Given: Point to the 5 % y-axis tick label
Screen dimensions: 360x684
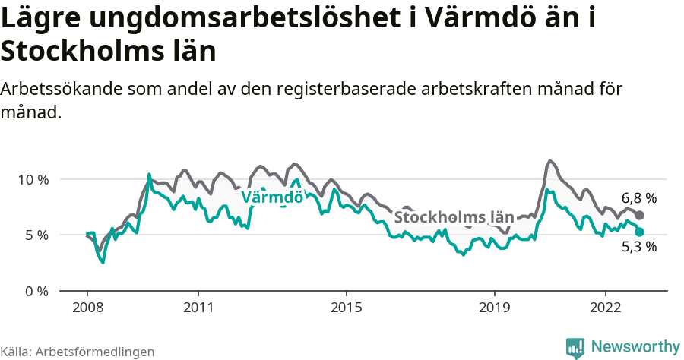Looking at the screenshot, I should (x=36, y=235).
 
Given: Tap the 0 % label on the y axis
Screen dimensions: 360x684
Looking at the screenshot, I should (x=36, y=291).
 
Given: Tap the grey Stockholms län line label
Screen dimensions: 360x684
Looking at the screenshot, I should (x=454, y=217).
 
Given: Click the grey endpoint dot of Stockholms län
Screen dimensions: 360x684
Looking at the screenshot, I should (x=639, y=216).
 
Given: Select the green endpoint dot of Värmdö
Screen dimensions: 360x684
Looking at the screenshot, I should (x=639, y=232).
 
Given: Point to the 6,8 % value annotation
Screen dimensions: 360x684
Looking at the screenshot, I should (x=638, y=198).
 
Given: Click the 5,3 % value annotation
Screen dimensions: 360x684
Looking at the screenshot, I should (x=638, y=247).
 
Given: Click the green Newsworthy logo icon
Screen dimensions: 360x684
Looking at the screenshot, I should (x=575, y=347).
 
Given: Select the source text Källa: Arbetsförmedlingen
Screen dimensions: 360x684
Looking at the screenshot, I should (x=78, y=352).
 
